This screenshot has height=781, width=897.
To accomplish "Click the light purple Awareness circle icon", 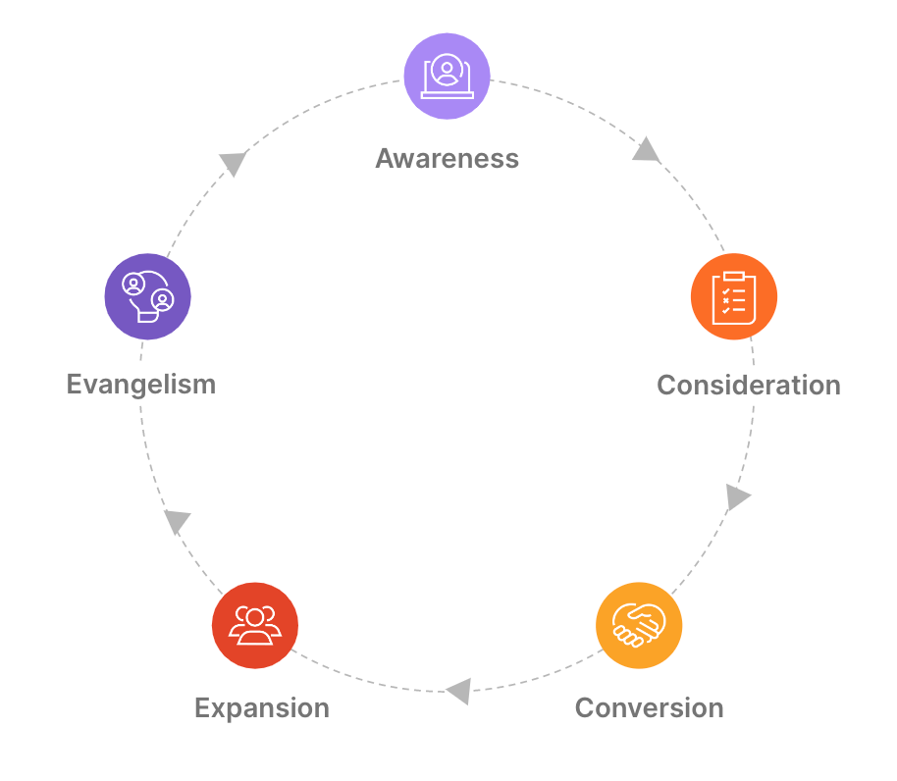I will click(448, 76).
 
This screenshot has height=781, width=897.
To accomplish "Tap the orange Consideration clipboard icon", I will click(734, 296).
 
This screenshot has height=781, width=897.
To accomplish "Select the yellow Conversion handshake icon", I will click(639, 626).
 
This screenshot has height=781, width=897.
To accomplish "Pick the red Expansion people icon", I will click(255, 626).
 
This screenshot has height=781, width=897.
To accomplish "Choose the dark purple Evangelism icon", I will click(147, 296).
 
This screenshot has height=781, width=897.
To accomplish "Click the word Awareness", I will click(448, 158).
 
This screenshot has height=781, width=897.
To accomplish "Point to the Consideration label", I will click(749, 385).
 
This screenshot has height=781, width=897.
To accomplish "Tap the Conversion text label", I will click(649, 707).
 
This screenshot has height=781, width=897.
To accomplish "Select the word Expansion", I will click(262, 707).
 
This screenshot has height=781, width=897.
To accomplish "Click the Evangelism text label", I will click(141, 384).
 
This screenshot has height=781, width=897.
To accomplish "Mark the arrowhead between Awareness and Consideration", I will click(646, 150).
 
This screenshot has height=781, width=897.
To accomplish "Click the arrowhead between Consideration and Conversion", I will click(738, 496).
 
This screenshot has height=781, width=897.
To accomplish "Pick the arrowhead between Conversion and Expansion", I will click(458, 692).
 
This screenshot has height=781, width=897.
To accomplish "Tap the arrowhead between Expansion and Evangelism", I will click(177, 521).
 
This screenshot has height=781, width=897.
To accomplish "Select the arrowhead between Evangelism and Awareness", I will click(233, 163).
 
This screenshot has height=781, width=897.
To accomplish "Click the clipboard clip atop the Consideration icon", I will click(734, 275).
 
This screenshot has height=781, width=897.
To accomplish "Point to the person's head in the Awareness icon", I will click(448, 69).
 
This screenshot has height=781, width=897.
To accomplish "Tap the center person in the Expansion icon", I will click(255, 619).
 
